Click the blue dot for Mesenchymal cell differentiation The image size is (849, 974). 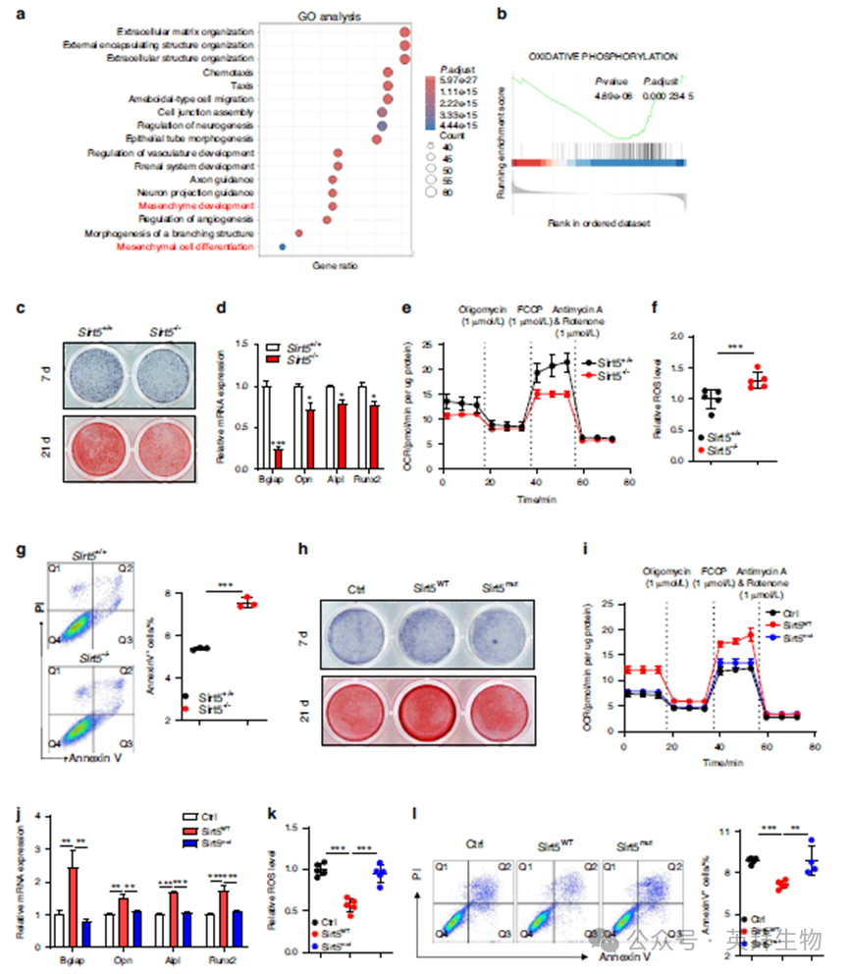[283, 248]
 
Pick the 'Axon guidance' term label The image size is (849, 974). [224, 180]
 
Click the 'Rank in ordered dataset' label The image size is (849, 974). [602, 224]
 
